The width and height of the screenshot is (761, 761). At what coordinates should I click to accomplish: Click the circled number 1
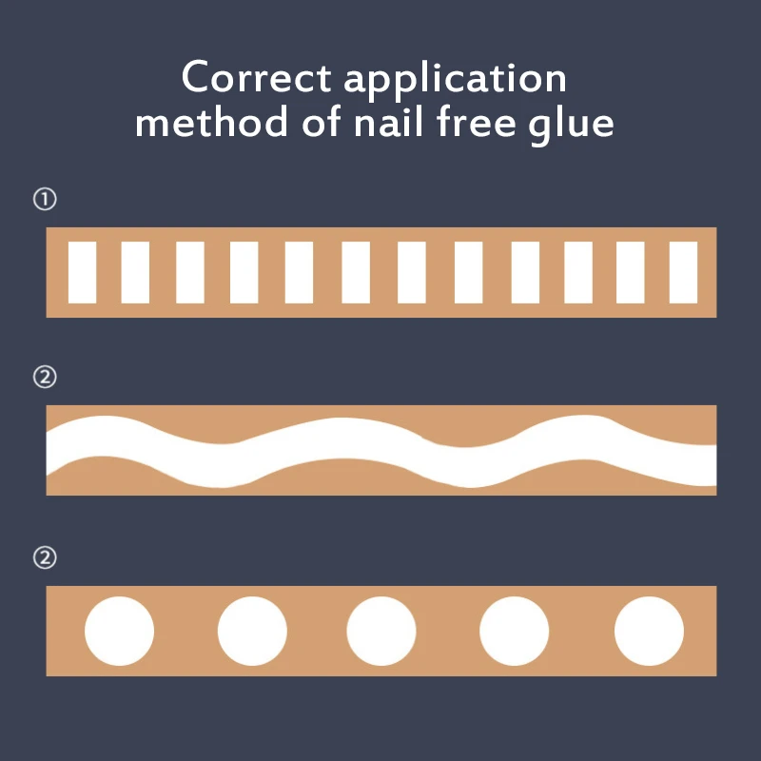pos(45,200)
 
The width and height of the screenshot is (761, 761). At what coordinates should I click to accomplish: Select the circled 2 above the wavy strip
pos(45,378)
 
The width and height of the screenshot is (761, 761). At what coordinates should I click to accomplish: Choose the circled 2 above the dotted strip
pos(45,557)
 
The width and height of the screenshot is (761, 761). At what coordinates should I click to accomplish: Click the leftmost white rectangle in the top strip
pos(82,272)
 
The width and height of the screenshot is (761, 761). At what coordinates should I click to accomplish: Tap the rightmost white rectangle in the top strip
pos(684,272)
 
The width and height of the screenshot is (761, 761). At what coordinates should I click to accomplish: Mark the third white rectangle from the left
pos(190,272)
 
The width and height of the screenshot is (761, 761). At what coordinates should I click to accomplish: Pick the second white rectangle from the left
pos(135,272)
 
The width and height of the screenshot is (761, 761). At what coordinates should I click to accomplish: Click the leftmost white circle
pos(119,631)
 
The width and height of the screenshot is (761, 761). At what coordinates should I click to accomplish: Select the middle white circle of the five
pos(381,631)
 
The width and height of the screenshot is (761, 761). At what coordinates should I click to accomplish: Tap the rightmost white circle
pos(650,631)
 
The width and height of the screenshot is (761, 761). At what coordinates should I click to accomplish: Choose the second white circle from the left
pos(252,631)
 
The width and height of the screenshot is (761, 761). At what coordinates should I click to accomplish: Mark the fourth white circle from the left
pos(515,631)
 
